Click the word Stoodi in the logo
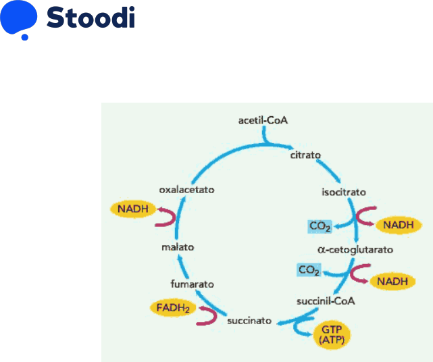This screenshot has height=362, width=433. [x=91, y=18]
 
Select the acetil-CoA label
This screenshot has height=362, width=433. [x=263, y=121]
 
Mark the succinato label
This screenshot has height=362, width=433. [x=249, y=322]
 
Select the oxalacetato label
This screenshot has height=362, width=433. [x=186, y=190]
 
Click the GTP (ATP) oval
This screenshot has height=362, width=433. [x=332, y=334]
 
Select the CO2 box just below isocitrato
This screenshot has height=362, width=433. [x=318, y=226]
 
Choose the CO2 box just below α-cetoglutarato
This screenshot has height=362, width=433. [x=308, y=270]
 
